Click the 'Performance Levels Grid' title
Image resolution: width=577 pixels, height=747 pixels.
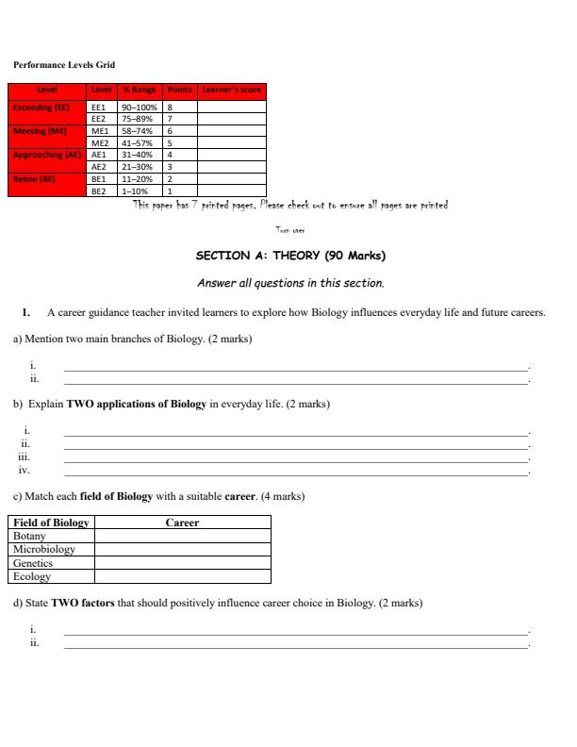(x=62, y=65)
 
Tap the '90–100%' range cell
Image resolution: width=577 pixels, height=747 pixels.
(x=140, y=108)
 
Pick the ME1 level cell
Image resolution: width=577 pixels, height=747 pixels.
(x=99, y=131)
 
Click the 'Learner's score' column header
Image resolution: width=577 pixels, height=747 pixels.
(x=229, y=91)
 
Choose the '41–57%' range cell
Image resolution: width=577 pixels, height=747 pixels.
(x=140, y=142)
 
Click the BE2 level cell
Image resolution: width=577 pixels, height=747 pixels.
(x=99, y=190)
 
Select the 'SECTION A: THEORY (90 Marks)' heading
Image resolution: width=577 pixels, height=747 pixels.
(x=290, y=255)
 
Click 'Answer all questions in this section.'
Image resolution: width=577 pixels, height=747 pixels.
(x=290, y=283)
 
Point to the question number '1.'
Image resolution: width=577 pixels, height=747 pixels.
(x=27, y=313)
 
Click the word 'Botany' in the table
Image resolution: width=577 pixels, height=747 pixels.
(x=29, y=536)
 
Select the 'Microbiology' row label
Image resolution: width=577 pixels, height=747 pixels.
(x=43, y=549)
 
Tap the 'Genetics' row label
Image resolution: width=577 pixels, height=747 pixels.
(x=33, y=563)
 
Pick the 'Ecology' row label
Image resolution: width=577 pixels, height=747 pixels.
(x=31, y=576)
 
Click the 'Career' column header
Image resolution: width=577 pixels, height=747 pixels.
(x=182, y=523)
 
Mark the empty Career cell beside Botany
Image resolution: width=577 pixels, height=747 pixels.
(x=182, y=536)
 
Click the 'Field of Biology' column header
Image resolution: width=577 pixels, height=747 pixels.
(x=51, y=523)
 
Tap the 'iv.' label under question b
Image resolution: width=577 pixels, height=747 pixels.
(x=25, y=470)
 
